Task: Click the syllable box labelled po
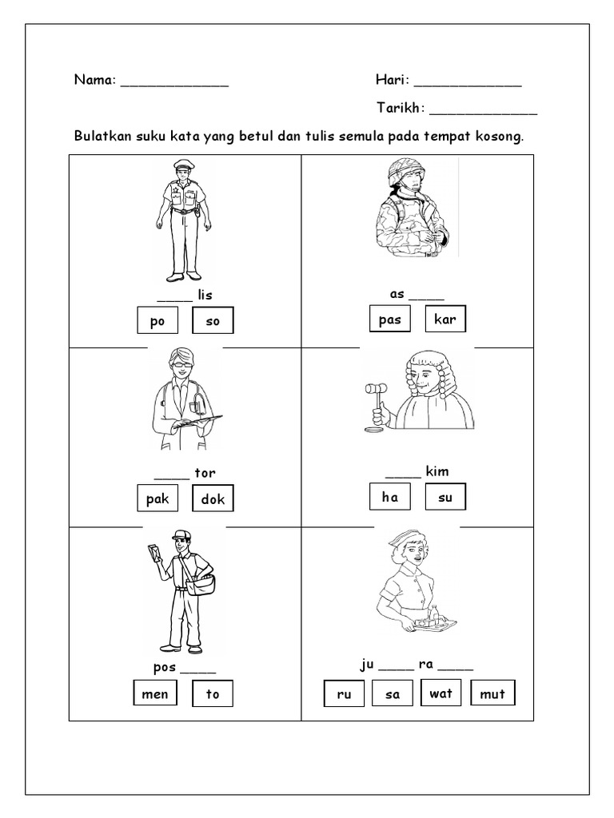156,321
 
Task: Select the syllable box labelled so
213,321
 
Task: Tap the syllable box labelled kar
445,319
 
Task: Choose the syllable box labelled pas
389,319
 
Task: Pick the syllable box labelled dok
213,499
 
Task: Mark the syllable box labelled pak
156,499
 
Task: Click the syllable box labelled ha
389,497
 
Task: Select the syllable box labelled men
154,693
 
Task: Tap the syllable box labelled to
213,693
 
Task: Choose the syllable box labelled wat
441,693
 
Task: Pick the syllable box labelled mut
492,693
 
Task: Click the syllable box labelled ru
345,694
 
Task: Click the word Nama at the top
94,80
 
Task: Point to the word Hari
391,80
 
